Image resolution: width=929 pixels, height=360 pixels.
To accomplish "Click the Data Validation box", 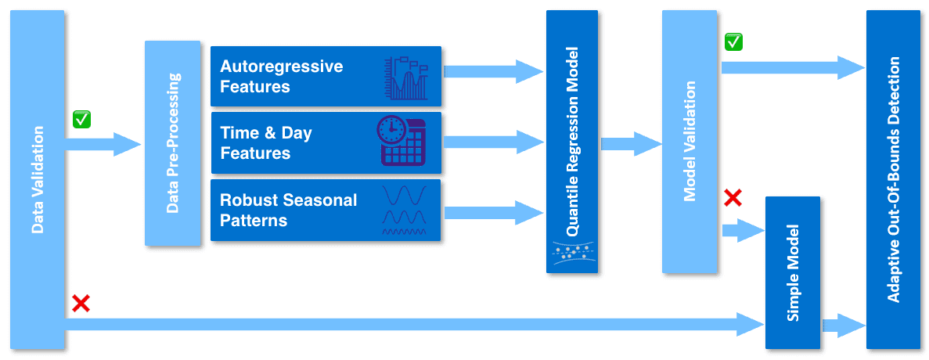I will [37, 180].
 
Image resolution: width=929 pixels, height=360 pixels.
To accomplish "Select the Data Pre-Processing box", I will [173, 143].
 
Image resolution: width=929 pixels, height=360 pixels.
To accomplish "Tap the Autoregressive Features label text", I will [281, 76].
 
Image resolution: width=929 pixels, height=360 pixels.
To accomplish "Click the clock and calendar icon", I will [401, 141].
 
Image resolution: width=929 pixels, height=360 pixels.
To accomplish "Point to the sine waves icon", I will [404, 210].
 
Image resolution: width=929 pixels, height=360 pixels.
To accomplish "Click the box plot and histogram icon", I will [406, 77].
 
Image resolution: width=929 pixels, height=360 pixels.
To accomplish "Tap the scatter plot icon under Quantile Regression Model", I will [571, 251].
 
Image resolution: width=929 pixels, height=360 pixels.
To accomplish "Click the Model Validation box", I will [689, 141].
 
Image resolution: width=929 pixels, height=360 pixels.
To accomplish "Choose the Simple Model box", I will [792, 272].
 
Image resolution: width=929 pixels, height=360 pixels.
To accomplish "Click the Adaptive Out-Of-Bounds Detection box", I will [893, 180].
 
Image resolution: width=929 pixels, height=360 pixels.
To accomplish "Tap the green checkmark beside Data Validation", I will [81, 119].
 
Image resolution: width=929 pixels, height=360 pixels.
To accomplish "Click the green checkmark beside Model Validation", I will [733, 41].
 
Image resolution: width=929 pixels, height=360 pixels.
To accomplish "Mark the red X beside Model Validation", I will [733, 197].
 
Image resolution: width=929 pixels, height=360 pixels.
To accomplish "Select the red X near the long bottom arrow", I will [80, 303].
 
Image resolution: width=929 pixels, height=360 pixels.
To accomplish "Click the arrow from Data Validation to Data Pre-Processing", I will [102, 144].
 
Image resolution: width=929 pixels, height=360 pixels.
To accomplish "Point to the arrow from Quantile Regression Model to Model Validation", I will [631, 144].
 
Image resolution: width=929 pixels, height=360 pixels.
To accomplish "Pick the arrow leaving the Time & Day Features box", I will [493, 142].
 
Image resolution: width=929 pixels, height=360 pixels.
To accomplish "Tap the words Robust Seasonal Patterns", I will [288, 210].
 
